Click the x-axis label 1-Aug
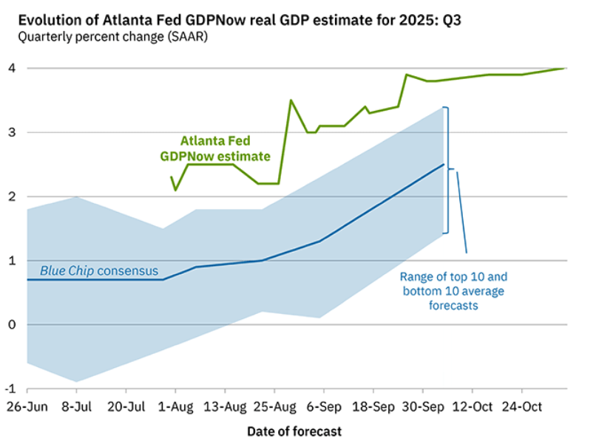(175, 406)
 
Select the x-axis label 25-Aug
(274, 406)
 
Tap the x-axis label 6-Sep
(324, 406)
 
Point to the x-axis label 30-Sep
(423, 406)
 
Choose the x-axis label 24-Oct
(522, 406)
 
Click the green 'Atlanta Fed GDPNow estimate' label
(215, 148)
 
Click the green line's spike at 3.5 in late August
(291, 100)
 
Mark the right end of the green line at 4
(564, 68)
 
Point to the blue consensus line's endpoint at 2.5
(444, 164)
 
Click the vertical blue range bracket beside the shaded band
(446, 170)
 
